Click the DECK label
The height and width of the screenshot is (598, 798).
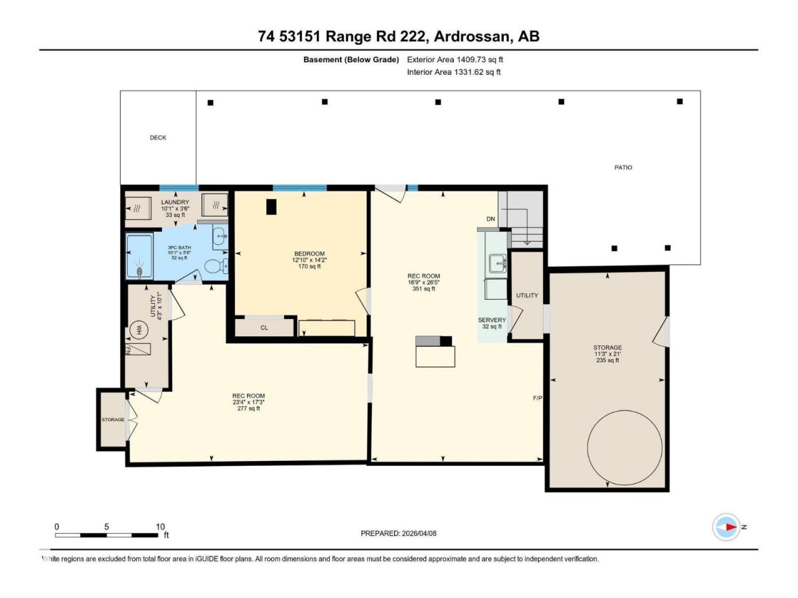[158, 138]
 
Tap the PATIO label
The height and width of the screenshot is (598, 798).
[623, 168]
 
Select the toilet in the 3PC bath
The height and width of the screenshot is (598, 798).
[216, 267]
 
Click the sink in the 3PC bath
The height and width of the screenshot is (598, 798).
[220, 236]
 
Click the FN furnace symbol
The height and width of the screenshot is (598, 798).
[138, 349]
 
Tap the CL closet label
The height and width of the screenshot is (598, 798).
[264, 328]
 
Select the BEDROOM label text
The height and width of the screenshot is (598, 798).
[309, 254]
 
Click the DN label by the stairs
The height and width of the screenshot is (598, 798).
[491, 219]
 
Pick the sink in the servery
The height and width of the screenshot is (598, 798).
[498, 263]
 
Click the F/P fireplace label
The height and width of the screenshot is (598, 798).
[537, 398]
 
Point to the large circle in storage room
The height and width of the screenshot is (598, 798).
[625, 447]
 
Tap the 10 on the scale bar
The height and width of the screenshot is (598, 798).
[160, 526]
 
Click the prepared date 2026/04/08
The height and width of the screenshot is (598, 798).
[419, 533]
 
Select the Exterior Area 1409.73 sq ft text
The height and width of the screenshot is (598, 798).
[455, 60]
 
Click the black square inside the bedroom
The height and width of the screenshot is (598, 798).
[271, 207]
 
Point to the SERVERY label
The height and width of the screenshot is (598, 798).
[491, 320]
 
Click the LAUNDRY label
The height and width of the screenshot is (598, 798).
[175, 202]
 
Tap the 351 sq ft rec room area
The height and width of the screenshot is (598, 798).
[423, 288]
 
